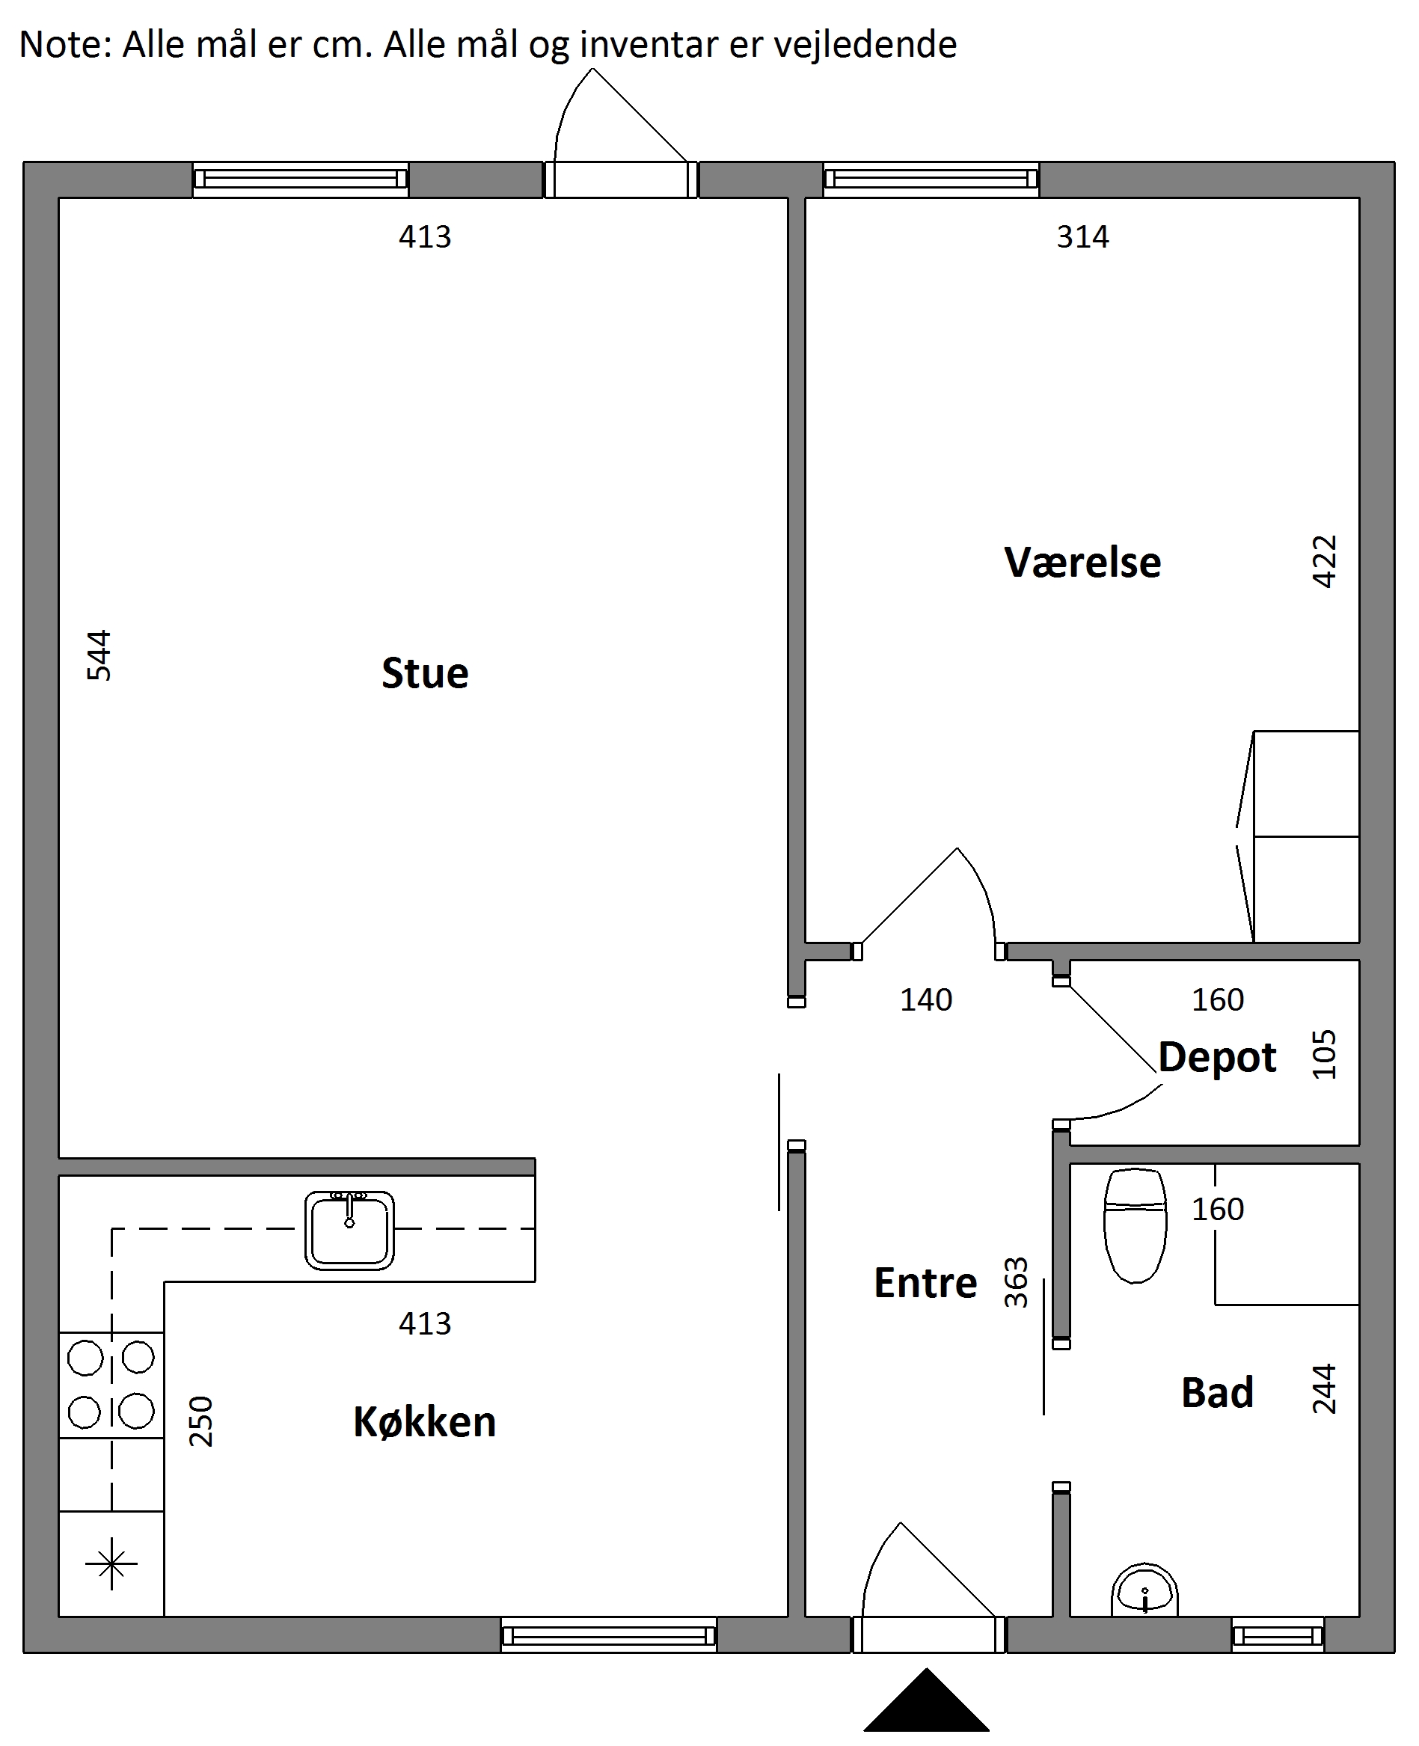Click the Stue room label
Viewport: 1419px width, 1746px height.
click(425, 673)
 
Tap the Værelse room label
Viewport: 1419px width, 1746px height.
click(1082, 563)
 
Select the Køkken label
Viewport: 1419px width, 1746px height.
click(424, 1421)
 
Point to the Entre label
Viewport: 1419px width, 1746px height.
click(925, 1282)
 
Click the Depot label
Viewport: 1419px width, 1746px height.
click(1217, 1059)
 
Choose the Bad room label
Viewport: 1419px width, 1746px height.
click(1217, 1392)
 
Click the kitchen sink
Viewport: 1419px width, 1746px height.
click(350, 1231)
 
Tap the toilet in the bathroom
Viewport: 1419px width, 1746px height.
click(1135, 1225)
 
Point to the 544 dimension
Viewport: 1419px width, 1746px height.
click(99, 655)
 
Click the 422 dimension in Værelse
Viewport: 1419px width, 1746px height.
click(1323, 562)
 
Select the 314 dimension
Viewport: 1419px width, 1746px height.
click(1082, 237)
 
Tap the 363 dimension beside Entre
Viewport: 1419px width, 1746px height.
click(1015, 1282)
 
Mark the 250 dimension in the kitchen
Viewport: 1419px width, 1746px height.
click(201, 1421)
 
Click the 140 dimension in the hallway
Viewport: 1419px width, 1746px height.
click(926, 999)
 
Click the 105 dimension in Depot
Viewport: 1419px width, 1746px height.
click(1323, 1055)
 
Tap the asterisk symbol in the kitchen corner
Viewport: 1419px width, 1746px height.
click(111, 1563)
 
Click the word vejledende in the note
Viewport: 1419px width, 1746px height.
click(865, 45)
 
